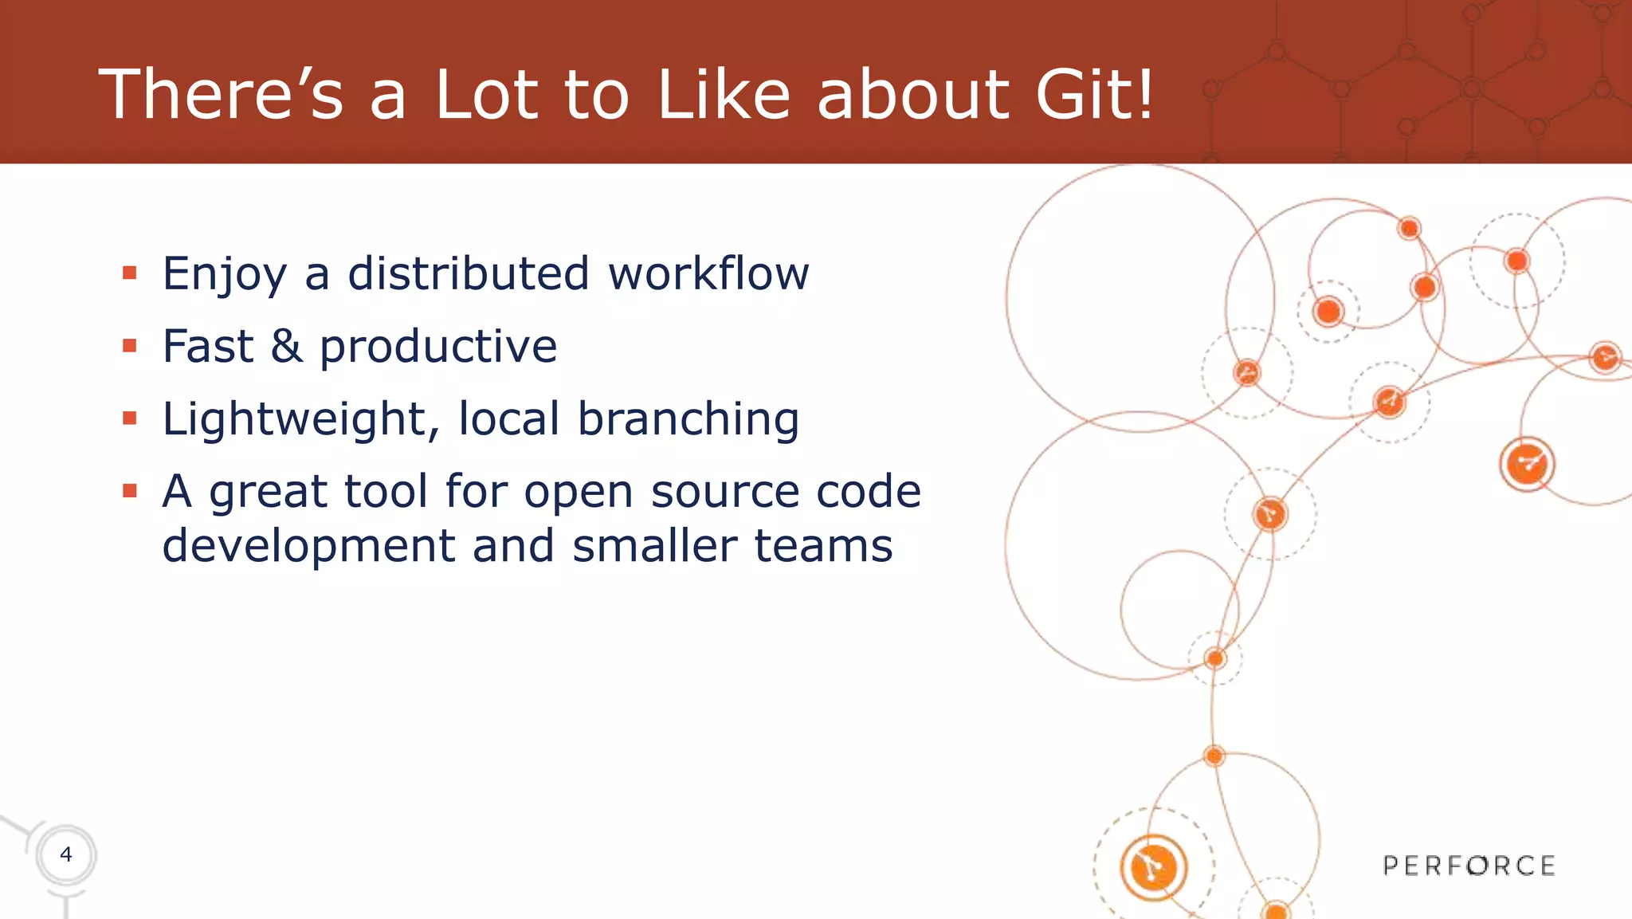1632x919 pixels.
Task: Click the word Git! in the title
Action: (1094, 94)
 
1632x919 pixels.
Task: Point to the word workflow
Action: (708, 273)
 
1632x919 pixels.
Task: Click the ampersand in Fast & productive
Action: (287, 347)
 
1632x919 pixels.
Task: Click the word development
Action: (308, 546)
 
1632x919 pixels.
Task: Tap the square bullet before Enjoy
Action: (130, 274)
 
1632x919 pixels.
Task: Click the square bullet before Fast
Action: (130, 347)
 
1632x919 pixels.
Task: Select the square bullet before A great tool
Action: (130, 491)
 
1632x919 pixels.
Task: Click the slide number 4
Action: (66, 854)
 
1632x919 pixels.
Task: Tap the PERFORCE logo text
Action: (1469, 866)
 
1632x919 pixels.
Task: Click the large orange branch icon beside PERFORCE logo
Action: (1153, 867)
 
